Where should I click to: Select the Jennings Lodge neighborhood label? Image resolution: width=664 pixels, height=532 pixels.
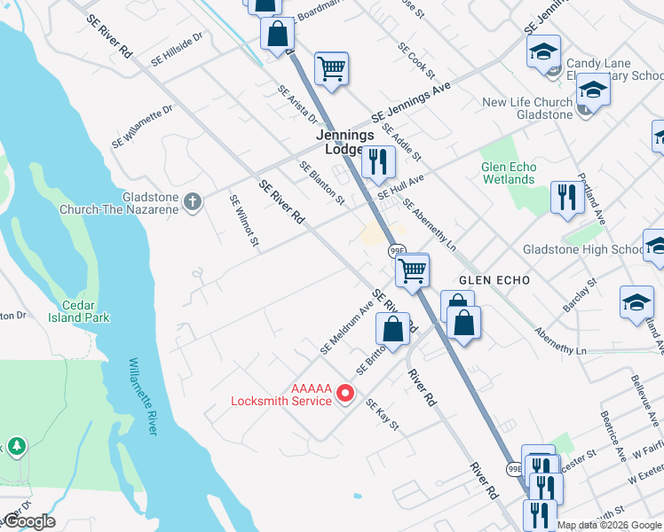point(345,143)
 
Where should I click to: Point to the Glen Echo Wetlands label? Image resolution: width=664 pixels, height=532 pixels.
point(508,173)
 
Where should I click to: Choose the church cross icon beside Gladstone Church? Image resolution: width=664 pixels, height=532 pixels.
point(193,203)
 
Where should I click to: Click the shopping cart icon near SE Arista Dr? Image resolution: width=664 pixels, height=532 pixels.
point(331,66)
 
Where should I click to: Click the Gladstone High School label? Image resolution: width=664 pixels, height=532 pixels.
point(582,249)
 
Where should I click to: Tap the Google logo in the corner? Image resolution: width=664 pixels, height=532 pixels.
point(29,521)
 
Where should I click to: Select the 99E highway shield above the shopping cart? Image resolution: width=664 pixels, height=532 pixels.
point(397,252)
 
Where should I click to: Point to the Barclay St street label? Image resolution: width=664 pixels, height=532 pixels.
point(580,293)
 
